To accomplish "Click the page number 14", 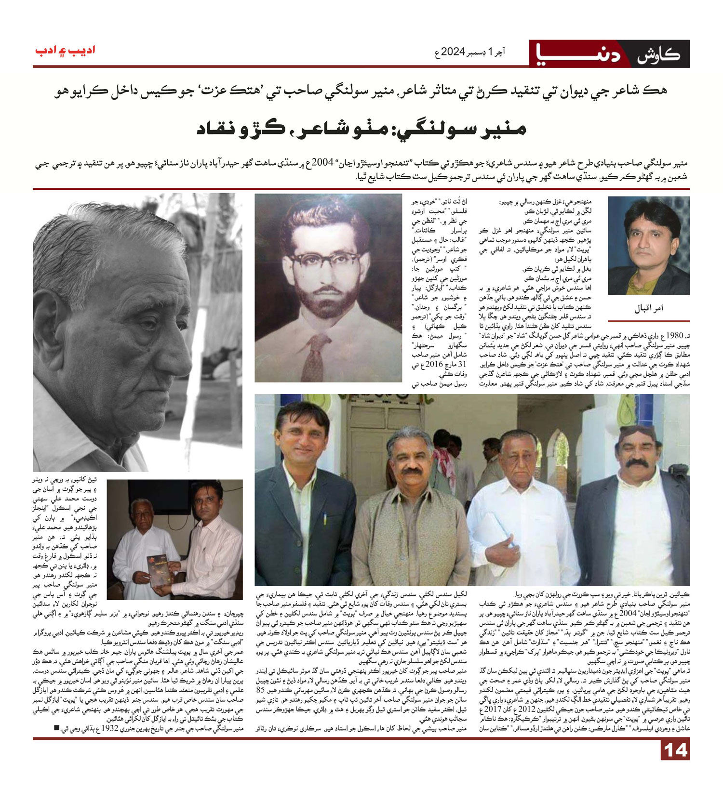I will (675, 750).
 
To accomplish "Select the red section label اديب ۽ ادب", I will (65, 50).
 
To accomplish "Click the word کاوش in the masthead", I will (658, 54).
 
